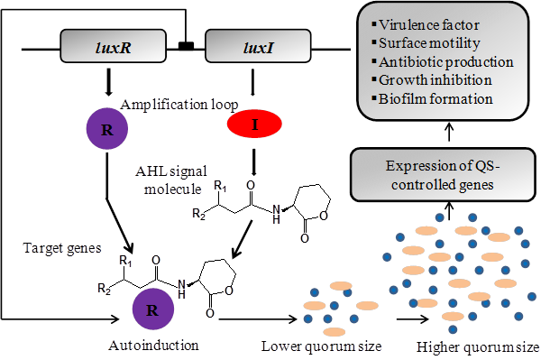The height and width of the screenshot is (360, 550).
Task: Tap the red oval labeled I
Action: (x=255, y=123)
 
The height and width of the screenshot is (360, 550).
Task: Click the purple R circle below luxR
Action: (x=108, y=128)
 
